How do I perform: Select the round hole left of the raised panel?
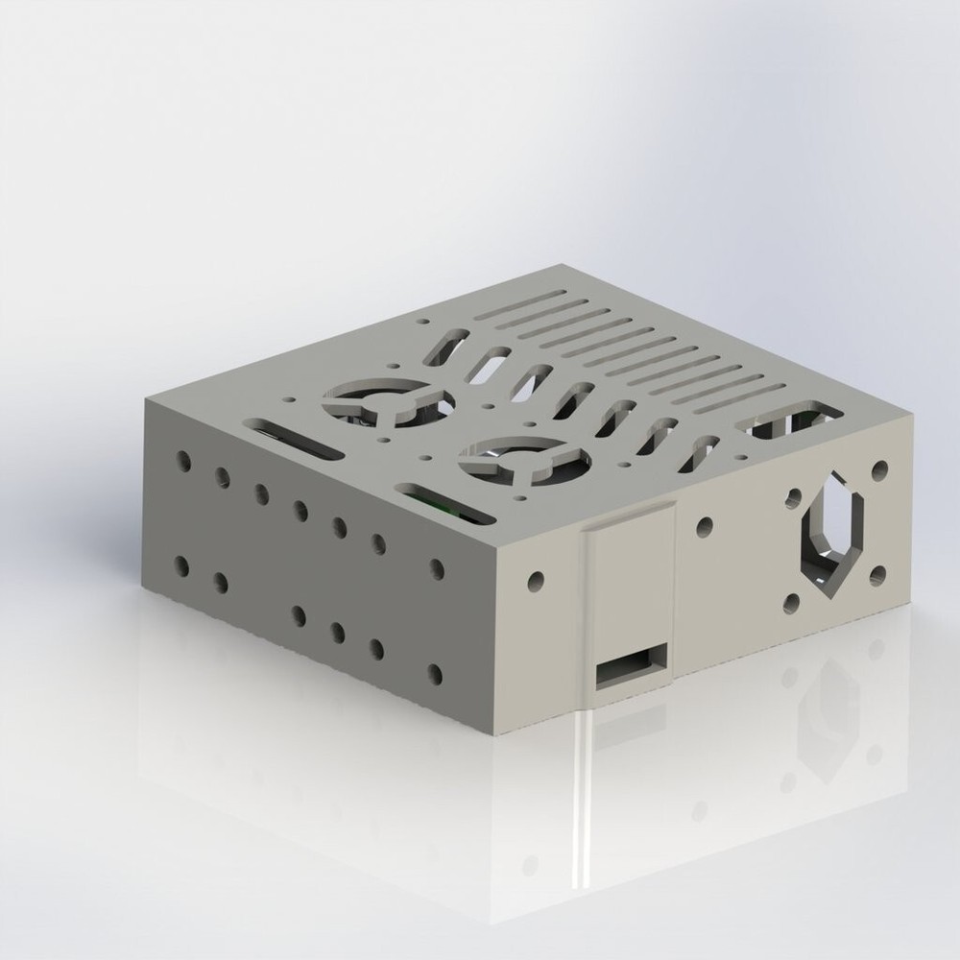tap(536, 581)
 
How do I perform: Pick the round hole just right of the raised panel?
tap(705, 526)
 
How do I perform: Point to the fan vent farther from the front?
tap(380, 401)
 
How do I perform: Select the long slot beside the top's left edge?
tap(294, 438)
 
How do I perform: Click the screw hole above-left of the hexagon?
tap(793, 496)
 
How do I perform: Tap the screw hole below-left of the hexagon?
tap(793, 603)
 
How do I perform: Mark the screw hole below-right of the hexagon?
tap(877, 576)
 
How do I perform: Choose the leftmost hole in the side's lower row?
tap(182, 564)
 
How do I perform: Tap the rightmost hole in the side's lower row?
tap(437, 673)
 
